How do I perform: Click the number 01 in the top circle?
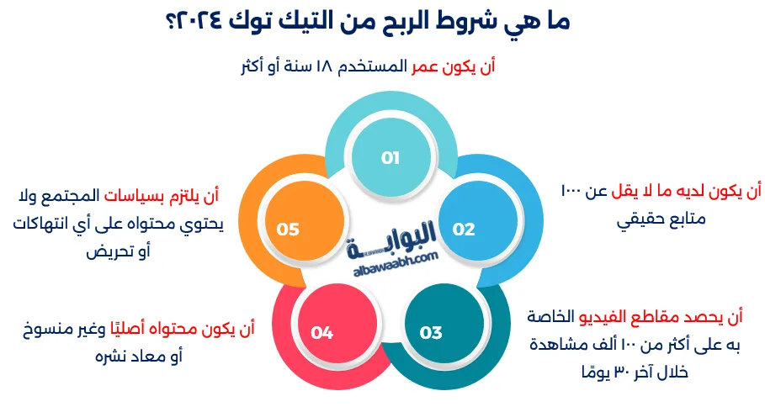390,157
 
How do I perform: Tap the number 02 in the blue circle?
464,229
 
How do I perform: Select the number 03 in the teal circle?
430,333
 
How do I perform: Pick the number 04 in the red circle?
322,333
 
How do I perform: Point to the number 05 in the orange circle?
288,229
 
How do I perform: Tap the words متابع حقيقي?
661,220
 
